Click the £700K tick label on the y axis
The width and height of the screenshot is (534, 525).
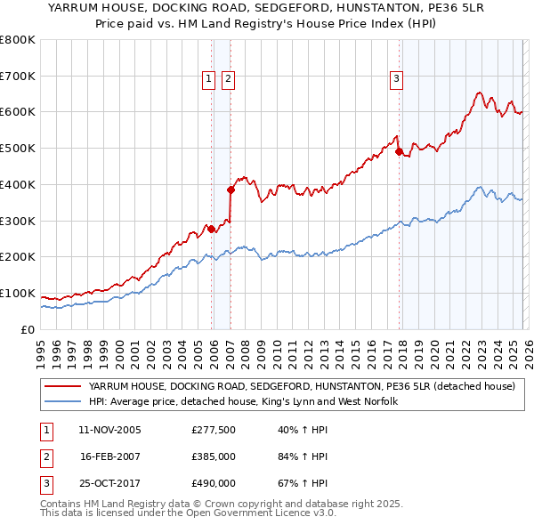(x=18, y=76)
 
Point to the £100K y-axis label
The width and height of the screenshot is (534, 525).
(x=18, y=293)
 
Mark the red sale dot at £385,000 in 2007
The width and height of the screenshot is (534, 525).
(x=231, y=190)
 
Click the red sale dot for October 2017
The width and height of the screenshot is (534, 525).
(x=399, y=151)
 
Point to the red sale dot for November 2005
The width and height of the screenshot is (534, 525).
(x=211, y=229)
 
